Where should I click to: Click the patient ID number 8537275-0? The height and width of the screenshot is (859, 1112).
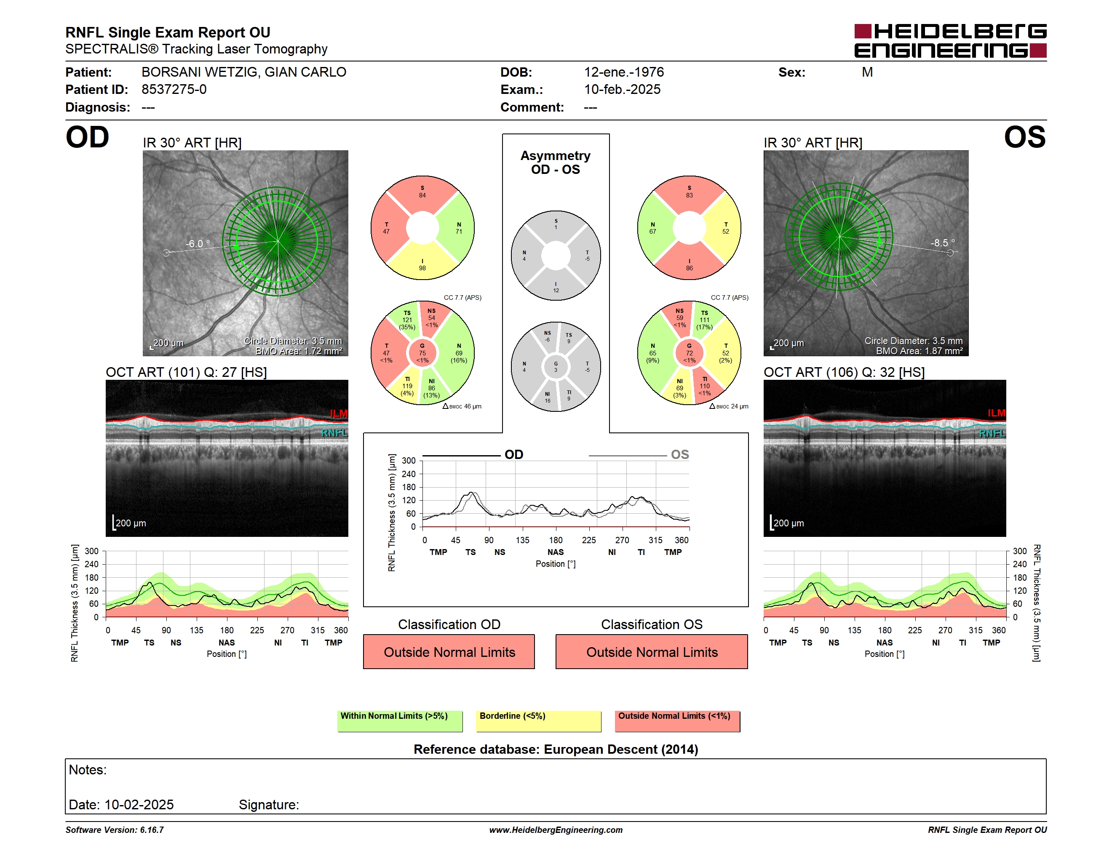[174, 90]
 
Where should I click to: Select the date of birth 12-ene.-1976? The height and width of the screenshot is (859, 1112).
[624, 72]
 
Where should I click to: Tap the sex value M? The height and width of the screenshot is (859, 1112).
[867, 72]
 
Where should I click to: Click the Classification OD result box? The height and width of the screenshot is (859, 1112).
[449, 651]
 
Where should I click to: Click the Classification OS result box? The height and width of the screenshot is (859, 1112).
[651, 651]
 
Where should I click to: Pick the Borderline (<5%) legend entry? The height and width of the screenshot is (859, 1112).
[538, 720]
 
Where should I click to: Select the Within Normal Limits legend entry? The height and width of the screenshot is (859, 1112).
[400, 720]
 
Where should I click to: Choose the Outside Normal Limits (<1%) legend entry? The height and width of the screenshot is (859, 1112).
[677, 720]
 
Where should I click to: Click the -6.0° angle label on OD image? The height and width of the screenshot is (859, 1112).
[198, 244]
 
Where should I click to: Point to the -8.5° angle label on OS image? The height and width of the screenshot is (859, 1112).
[942, 243]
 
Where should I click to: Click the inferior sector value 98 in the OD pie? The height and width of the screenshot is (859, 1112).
[422, 268]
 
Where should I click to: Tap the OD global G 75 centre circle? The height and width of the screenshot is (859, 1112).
[422, 353]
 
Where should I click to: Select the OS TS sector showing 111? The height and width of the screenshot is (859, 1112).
[704, 320]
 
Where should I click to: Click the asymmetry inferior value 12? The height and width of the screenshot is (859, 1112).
[556, 291]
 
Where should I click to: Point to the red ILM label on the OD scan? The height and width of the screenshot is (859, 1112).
[339, 413]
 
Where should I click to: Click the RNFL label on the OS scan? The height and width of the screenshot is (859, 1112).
[992, 433]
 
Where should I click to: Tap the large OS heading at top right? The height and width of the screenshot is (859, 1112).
[1024, 137]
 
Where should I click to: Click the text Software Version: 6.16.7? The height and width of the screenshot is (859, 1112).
[115, 830]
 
